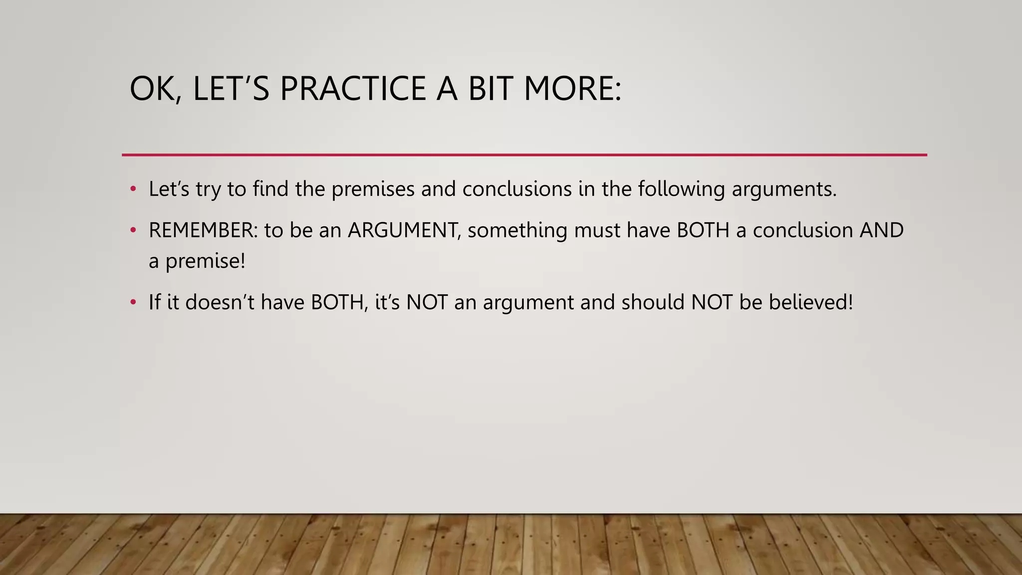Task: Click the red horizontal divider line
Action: point(524,155)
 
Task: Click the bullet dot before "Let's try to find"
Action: point(133,189)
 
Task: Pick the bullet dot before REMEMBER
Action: point(133,230)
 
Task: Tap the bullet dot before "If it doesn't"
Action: point(133,302)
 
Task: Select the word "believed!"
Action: point(811,302)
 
